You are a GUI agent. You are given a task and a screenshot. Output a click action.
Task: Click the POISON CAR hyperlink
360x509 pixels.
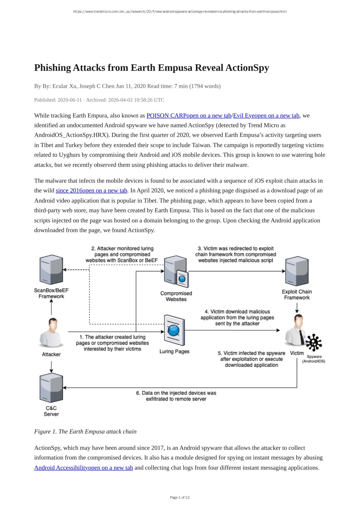(x=189, y=116)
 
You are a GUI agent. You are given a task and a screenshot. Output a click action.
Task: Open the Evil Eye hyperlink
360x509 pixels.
(x=266, y=116)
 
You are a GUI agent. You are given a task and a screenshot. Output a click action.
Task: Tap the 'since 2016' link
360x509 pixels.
(x=91, y=190)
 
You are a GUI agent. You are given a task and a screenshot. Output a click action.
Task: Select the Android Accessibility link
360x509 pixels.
(x=83, y=468)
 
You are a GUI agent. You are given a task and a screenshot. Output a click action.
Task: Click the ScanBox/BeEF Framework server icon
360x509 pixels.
(x=51, y=270)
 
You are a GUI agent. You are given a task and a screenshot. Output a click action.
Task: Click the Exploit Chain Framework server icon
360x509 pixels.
(x=297, y=271)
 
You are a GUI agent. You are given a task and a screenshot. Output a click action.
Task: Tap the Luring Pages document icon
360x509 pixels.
(x=174, y=330)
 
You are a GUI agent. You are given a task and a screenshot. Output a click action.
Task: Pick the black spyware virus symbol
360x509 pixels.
(x=314, y=343)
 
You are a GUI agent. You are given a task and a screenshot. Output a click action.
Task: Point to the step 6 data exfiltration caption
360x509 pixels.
(x=176, y=396)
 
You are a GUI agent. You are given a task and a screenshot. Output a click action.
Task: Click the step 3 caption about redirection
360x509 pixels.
(x=236, y=254)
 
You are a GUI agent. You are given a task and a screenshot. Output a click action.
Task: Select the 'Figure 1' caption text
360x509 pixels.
(x=85, y=432)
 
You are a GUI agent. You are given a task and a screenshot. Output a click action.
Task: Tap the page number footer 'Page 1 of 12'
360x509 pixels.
(x=180, y=497)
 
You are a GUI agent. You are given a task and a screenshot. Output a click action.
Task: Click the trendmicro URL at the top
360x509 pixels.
(x=180, y=12)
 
